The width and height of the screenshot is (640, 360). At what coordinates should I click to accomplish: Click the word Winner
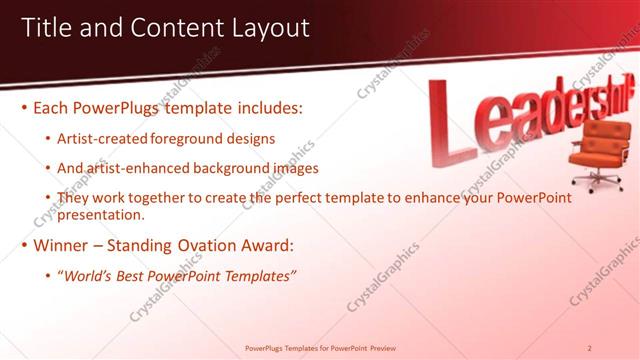[x=64, y=245]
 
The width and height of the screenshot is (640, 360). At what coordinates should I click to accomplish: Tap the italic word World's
[x=87, y=275]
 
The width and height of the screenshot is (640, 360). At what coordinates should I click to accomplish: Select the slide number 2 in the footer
[x=590, y=348]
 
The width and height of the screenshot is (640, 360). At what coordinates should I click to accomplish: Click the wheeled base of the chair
[x=599, y=177]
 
